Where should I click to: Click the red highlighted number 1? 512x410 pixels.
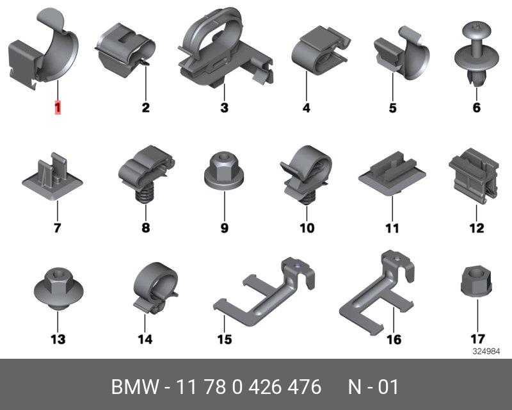point(58,108)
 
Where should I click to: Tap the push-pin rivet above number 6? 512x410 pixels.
point(477,54)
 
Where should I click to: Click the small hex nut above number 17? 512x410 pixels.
point(476,281)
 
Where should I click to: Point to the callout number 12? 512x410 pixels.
point(476,228)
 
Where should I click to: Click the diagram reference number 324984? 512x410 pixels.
point(486,352)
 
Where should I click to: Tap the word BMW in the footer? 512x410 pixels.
point(135,387)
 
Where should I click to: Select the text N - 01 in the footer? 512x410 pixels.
point(373,387)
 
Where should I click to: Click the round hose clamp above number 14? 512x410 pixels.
point(155,288)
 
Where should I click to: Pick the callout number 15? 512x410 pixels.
point(225,339)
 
